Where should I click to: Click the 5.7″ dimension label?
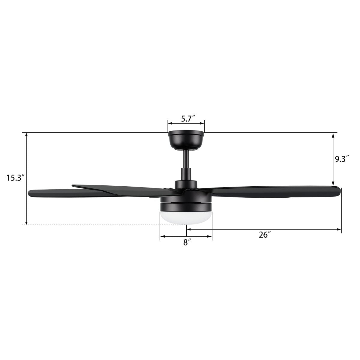(x=188, y=119)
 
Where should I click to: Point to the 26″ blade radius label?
(x=265, y=235)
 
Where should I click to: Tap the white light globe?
(x=186, y=217)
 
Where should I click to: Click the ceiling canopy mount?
(x=186, y=140)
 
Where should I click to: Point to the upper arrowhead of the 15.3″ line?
(x=27, y=136)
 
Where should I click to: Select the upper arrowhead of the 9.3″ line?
(x=333, y=136)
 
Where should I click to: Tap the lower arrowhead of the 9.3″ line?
(x=333, y=184)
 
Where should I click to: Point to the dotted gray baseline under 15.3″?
(x=90, y=225)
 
